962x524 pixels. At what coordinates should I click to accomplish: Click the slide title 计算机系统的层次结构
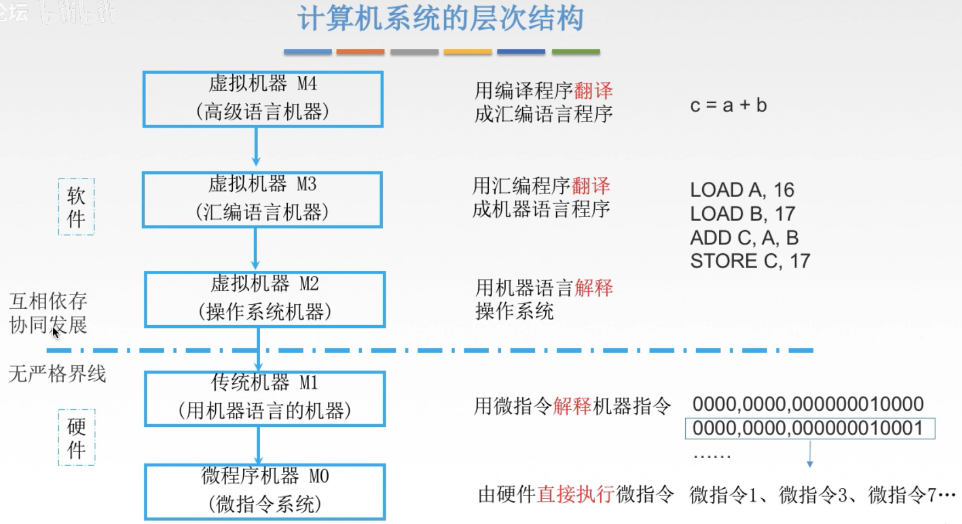[440, 19]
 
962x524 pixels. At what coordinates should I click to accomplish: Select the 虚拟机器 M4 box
[262, 99]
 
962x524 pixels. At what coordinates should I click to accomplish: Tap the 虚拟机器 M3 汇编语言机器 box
[262, 199]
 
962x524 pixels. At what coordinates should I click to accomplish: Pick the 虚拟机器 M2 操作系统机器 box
[264, 299]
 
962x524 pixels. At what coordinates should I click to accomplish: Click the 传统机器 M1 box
[265, 398]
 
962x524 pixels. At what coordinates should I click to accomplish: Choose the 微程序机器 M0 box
[265, 492]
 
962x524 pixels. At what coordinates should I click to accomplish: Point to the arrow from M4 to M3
[256, 146]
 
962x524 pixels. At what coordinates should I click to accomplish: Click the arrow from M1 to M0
[259, 445]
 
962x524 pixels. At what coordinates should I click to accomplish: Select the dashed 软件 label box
[76, 207]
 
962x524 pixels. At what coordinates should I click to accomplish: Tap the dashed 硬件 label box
[76, 437]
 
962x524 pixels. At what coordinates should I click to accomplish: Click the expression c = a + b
[728, 105]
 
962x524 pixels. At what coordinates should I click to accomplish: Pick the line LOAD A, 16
[742, 190]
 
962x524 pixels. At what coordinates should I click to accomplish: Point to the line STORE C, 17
[750, 261]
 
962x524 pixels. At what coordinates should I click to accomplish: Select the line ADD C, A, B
[744, 238]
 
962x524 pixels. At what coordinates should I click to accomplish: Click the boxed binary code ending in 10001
[809, 428]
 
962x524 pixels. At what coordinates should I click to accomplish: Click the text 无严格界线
[57, 374]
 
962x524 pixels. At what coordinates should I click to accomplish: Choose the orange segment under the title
[360, 52]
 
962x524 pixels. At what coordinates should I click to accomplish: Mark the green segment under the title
[575, 52]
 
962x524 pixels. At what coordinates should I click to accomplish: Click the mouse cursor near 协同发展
[55, 332]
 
